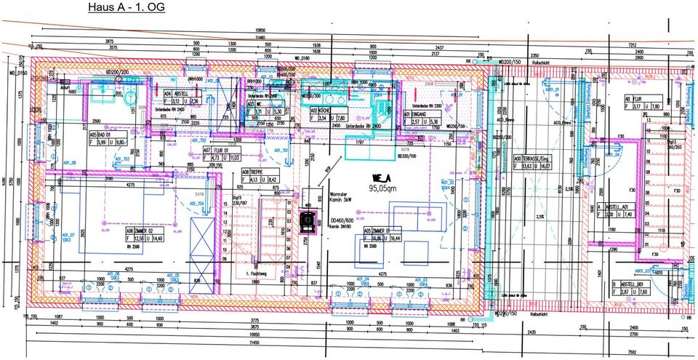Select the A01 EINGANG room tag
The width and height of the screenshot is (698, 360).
pyautogui.click(x=420, y=117)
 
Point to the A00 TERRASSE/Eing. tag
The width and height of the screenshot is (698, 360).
pyautogui.click(x=536, y=161)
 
